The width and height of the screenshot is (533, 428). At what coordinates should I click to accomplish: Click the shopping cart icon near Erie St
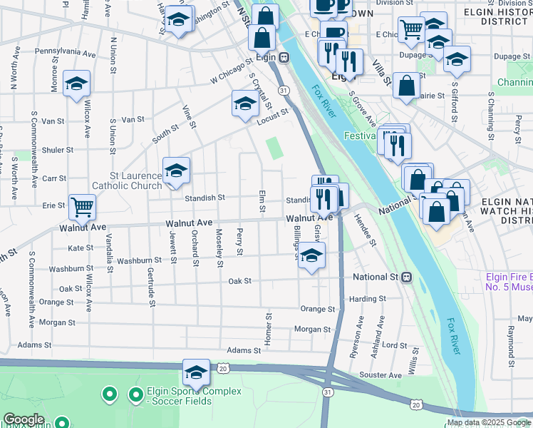pos(83,208)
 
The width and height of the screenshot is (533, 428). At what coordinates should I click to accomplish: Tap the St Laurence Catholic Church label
pos(135,180)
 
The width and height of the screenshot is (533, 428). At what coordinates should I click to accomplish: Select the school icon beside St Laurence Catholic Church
pos(176,171)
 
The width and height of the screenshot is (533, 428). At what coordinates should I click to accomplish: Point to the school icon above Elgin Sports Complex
pos(196,372)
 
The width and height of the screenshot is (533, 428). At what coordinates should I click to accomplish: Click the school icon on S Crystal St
pos(245,104)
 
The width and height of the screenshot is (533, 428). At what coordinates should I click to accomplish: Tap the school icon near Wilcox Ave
pos(76,83)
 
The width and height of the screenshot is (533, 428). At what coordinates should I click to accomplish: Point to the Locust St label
pos(272,116)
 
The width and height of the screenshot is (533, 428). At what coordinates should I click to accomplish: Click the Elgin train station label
pos(269,56)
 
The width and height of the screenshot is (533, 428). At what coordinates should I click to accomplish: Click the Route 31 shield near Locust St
pos(284,91)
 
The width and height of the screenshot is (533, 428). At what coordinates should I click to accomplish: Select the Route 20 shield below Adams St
pos(223,368)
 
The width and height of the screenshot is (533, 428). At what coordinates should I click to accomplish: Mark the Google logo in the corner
pos(24,419)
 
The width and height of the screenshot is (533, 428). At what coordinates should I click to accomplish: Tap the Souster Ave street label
pos(381,375)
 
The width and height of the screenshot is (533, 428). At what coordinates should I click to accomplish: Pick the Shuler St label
pos(58,150)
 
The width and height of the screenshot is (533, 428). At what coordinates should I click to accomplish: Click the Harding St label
pos(368,299)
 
